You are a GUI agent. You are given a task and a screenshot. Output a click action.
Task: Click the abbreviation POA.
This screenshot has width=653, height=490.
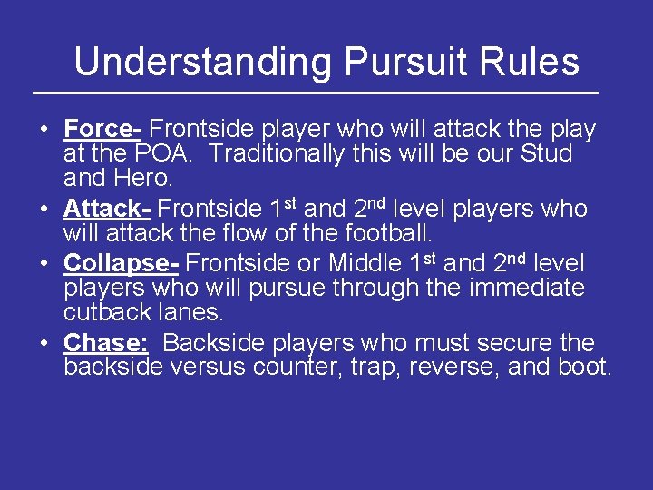tap(165, 154)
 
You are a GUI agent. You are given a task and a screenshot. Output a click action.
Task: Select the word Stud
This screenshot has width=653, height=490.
tap(547, 154)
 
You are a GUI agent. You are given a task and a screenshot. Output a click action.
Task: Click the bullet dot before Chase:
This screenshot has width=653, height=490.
tap(45, 343)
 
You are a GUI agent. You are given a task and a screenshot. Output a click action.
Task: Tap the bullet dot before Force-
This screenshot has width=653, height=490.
tap(45, 130)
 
